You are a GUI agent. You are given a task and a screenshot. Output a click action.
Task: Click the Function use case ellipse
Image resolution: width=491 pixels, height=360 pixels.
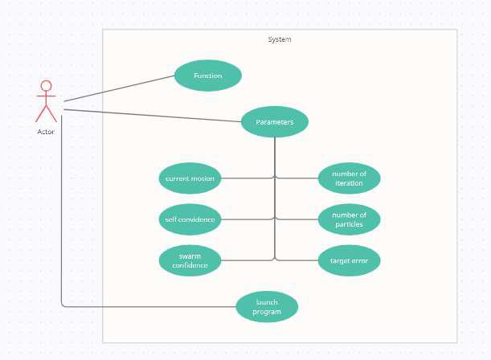208,76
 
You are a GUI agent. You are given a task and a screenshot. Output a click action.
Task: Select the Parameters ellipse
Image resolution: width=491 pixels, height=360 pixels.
275,122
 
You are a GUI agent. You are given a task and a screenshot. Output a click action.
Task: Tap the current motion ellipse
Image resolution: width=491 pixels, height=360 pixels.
190,178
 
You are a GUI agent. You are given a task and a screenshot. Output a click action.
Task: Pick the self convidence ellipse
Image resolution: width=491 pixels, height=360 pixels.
190,219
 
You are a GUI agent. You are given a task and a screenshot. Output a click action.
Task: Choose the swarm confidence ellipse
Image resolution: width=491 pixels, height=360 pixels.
190,260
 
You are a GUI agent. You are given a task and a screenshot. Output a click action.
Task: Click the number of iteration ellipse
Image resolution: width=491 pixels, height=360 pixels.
349,178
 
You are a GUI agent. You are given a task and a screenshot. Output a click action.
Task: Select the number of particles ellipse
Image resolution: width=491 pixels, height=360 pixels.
349,219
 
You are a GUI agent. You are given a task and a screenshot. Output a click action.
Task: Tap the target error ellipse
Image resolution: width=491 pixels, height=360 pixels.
349,260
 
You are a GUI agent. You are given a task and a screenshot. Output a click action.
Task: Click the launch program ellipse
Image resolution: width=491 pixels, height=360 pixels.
267,306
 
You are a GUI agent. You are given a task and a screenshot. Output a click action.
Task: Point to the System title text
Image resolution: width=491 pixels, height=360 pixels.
280,39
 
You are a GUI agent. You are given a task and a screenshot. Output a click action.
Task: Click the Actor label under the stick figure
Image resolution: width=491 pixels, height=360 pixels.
46,132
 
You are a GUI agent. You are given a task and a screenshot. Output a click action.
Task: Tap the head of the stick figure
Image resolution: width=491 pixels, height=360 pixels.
46,86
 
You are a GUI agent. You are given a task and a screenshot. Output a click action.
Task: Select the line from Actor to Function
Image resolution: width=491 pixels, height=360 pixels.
119,88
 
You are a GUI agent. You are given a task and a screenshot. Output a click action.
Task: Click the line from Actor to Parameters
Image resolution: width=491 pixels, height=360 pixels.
153,116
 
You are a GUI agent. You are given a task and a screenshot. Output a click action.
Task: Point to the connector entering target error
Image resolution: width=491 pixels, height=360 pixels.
297,260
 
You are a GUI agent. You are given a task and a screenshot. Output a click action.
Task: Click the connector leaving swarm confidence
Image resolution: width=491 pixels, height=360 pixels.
248,260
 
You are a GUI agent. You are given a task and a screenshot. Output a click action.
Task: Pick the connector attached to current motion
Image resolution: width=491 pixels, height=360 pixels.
248,178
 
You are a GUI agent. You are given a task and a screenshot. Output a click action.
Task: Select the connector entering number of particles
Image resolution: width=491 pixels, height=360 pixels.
297,219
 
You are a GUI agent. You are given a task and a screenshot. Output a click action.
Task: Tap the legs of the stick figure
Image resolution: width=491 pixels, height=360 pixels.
46,113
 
